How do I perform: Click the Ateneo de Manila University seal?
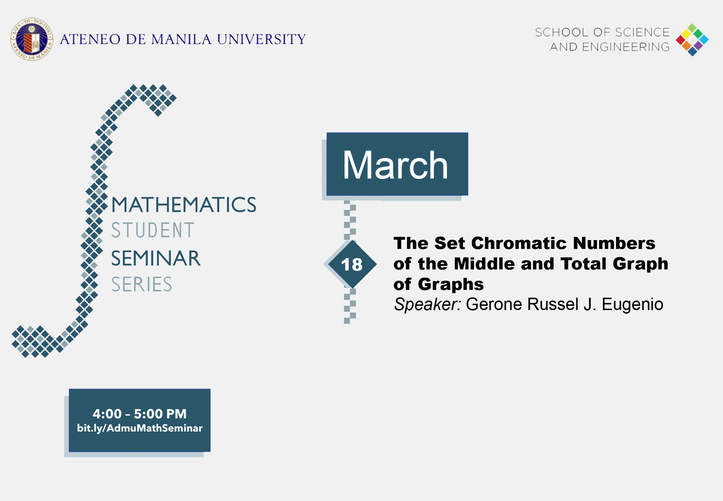coord(32,39)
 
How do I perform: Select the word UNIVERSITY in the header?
coord(261,39)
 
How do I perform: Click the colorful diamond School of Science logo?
coord(692,40)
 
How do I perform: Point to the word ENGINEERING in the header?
coord(626,47)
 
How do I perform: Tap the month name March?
coord(395,165)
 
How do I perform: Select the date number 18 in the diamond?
coord(352,264)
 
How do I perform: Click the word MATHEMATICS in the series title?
coord(184,205)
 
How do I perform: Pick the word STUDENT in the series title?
coord(153,230)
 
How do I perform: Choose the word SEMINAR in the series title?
coord(156,258)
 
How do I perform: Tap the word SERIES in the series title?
coord(142,284)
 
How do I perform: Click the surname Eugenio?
coord(632,304)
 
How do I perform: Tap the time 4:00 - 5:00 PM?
coord(139,414)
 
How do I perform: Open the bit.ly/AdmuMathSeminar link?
coord(140,428)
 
